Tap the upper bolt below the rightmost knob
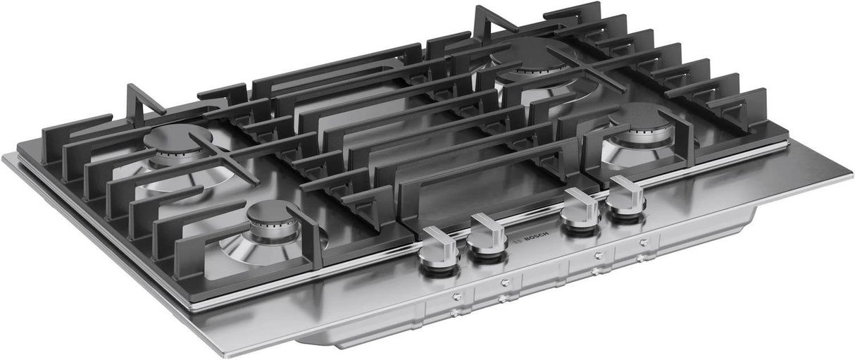pyautogui.click(x=644, y=242)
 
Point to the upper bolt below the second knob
pyautogui.click(x=504, y=283)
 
